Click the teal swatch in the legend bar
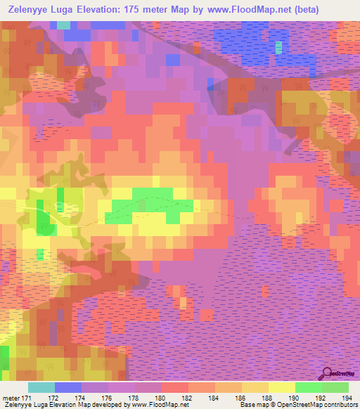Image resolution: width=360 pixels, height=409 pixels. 41,387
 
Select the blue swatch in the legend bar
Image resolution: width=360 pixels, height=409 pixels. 67,387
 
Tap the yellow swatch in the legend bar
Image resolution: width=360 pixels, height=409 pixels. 281,387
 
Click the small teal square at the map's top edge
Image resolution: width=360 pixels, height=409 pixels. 64,25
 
